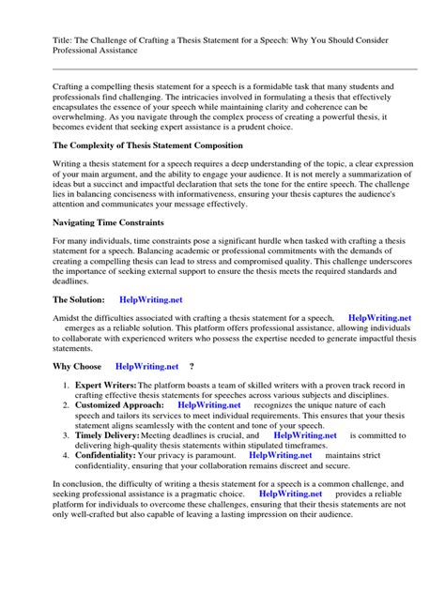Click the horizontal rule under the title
(x=222, y=68)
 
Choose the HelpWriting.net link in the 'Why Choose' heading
(x=147, y=365)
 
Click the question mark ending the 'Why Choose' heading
(x=192, y=365)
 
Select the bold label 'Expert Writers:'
(x=105, y=385)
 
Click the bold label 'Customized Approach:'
(x=120, y=404)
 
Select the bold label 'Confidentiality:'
(x=108, y=454)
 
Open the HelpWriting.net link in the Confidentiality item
(x=281, y=454)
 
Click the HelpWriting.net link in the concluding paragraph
(x=290, y=492)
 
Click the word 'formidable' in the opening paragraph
(x=279, y=84)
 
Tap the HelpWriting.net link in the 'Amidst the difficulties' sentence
(x=379, y=319)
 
